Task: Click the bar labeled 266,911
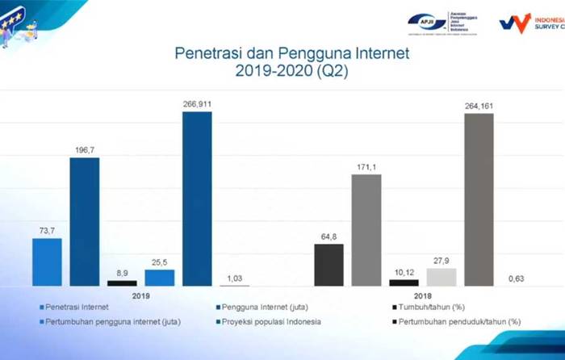click(x=197, y=199)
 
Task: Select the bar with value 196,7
click(x=85, y=221)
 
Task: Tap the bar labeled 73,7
click(x=47, y=262)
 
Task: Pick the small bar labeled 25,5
click(x=159, y=278)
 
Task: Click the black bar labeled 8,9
click(x=122, y=283)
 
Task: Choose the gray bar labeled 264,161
click(x=479, y=199)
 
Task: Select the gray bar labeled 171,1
click(x=366, y=229)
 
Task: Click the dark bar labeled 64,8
click(x=329, y=265)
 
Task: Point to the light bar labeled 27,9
click(x=441, y=277)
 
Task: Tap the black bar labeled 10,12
click(x=404, y=283)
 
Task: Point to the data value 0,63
click(x=517, y=278)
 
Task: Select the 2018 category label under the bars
click(x=422, y=295)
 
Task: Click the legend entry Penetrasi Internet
click(x=77, y=308)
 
